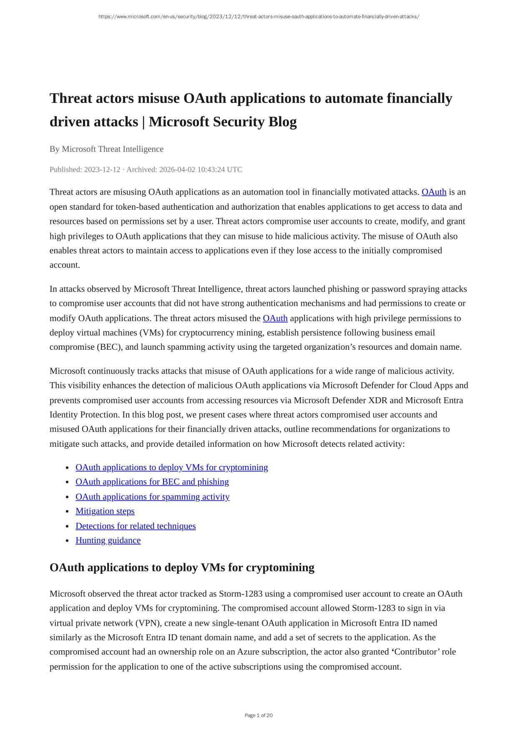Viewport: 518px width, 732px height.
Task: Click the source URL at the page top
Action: click(x=259, y=17)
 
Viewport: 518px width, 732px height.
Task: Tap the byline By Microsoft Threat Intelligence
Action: click(x=106, y=149)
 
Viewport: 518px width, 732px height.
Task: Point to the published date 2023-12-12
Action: click(x=102, y=169)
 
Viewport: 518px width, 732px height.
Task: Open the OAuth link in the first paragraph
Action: click(x=434, y=192)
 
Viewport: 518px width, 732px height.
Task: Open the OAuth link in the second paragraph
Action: click(x=275, y=318)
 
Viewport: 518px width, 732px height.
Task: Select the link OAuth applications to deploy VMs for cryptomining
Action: click(x=171, y=467)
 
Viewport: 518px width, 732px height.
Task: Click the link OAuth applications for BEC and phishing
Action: click(x=152, y=482)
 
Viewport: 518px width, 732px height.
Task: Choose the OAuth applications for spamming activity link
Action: click(x=152, y=496)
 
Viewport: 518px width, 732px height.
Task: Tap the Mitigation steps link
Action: click(x=105, y=511)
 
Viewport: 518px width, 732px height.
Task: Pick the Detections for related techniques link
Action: click(x=136, y=526)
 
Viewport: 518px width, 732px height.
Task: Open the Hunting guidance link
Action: click(x=108, y=540)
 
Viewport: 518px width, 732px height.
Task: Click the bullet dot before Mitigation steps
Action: click(x=67, y=511)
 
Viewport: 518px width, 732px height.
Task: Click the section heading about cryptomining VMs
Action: click(x=182, y=567)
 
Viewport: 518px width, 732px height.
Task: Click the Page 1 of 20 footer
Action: click(x=259, y=715)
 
